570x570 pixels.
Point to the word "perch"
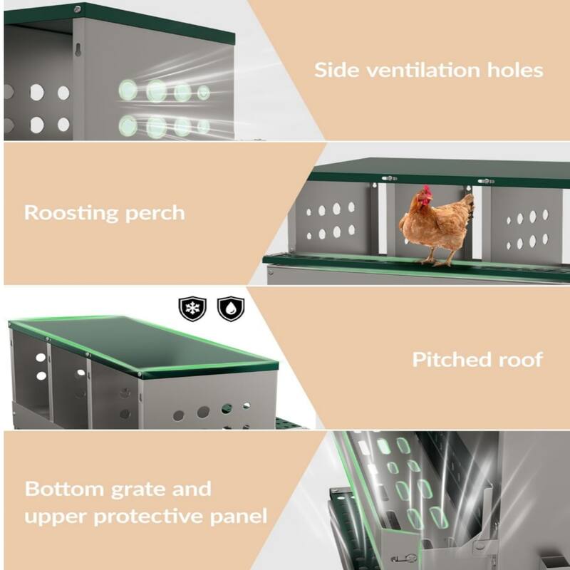click(157, 213)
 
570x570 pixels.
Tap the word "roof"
click(519, 359)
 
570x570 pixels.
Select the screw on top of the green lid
click(76, 9)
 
